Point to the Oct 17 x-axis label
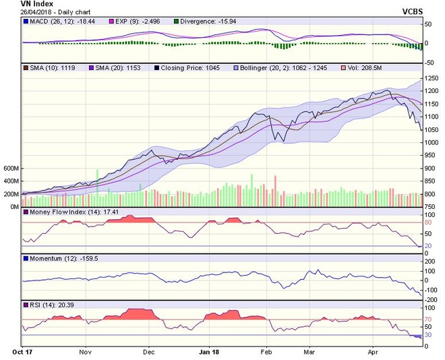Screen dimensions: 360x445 (x=22, y=351)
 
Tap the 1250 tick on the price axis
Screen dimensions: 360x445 (x=429, y=79)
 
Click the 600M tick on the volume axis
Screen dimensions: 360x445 (x=11, y=168)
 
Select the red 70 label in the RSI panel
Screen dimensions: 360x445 (x=427, y=320)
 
